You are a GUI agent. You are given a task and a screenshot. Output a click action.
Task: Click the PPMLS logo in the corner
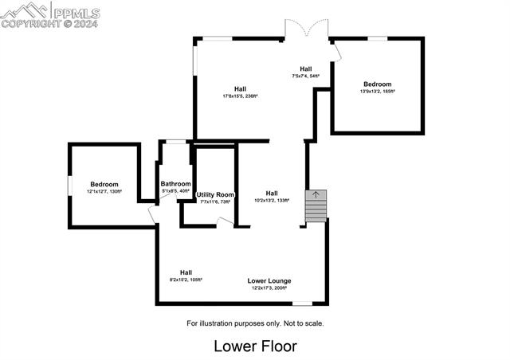(50, 14)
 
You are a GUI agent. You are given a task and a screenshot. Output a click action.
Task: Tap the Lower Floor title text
(255, 346)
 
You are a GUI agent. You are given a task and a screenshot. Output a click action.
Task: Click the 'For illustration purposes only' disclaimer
(255, 323)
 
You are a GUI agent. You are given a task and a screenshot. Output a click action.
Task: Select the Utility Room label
(214, 195)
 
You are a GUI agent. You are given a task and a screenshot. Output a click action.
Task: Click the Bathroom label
(176, 184)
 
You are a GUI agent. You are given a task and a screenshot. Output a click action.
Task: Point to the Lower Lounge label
(269, 281)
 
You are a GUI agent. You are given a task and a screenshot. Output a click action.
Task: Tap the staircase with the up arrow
(316, 206)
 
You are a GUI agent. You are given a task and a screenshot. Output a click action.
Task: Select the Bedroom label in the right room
(378, 84)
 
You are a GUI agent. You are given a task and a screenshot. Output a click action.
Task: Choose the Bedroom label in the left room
(104, 185)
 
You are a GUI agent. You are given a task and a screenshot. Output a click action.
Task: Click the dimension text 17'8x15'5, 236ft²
(240, 96)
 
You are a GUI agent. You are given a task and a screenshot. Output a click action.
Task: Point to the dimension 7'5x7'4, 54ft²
(305, 76)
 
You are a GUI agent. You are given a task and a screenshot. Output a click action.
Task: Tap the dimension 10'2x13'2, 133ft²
(272, 201)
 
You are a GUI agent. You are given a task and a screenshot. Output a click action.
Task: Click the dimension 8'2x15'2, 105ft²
(186, 280)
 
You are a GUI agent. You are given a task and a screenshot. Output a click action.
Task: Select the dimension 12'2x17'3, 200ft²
(269, 288)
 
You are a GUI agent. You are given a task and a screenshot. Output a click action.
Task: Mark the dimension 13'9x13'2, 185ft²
(378, 92)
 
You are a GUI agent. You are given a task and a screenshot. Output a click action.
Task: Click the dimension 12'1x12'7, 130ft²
(104, 192)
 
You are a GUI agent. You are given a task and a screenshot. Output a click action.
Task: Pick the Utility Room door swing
(226, 222)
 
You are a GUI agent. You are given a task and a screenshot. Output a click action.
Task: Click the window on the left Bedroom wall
(69, 184)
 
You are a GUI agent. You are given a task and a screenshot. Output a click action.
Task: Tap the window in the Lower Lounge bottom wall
(302, 303)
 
